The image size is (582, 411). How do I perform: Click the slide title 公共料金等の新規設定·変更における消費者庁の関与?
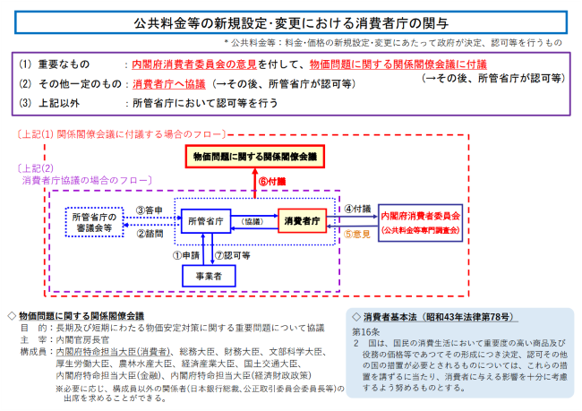[x=290, y=20]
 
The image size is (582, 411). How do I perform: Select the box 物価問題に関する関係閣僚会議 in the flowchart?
[x=254, y=158]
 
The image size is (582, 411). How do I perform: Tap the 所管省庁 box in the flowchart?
[x=207, y=219]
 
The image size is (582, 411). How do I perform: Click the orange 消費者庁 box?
[x=302, y=219]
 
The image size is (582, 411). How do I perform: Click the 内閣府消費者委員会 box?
[x=420, y=221]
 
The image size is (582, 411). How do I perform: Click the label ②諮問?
[x=149, y=233]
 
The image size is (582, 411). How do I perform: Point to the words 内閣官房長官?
[x=85, y=340]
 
